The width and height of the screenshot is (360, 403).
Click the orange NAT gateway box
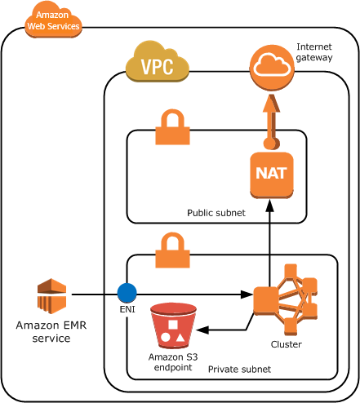[270, 175]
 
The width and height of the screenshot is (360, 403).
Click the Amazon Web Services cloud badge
[53, 20]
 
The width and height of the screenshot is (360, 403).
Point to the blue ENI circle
[127, 293]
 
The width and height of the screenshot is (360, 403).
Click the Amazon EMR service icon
[51, 295]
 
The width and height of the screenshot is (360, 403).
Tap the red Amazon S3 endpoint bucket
[172, 325]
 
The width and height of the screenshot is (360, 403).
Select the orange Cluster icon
[286, 299]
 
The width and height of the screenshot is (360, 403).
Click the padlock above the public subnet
[172, 127]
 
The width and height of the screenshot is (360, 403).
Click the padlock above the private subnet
[172, 250]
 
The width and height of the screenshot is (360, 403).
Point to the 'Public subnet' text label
[216, 213]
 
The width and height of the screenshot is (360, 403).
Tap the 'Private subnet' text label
[239, 370]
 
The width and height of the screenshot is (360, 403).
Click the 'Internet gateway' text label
[313, 52]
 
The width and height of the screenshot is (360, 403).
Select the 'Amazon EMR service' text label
[51, 331]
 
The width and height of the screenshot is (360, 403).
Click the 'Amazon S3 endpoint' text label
[171, 361]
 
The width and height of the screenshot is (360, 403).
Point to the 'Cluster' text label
[286, 345]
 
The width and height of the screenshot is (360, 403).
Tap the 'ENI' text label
[127, 310]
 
